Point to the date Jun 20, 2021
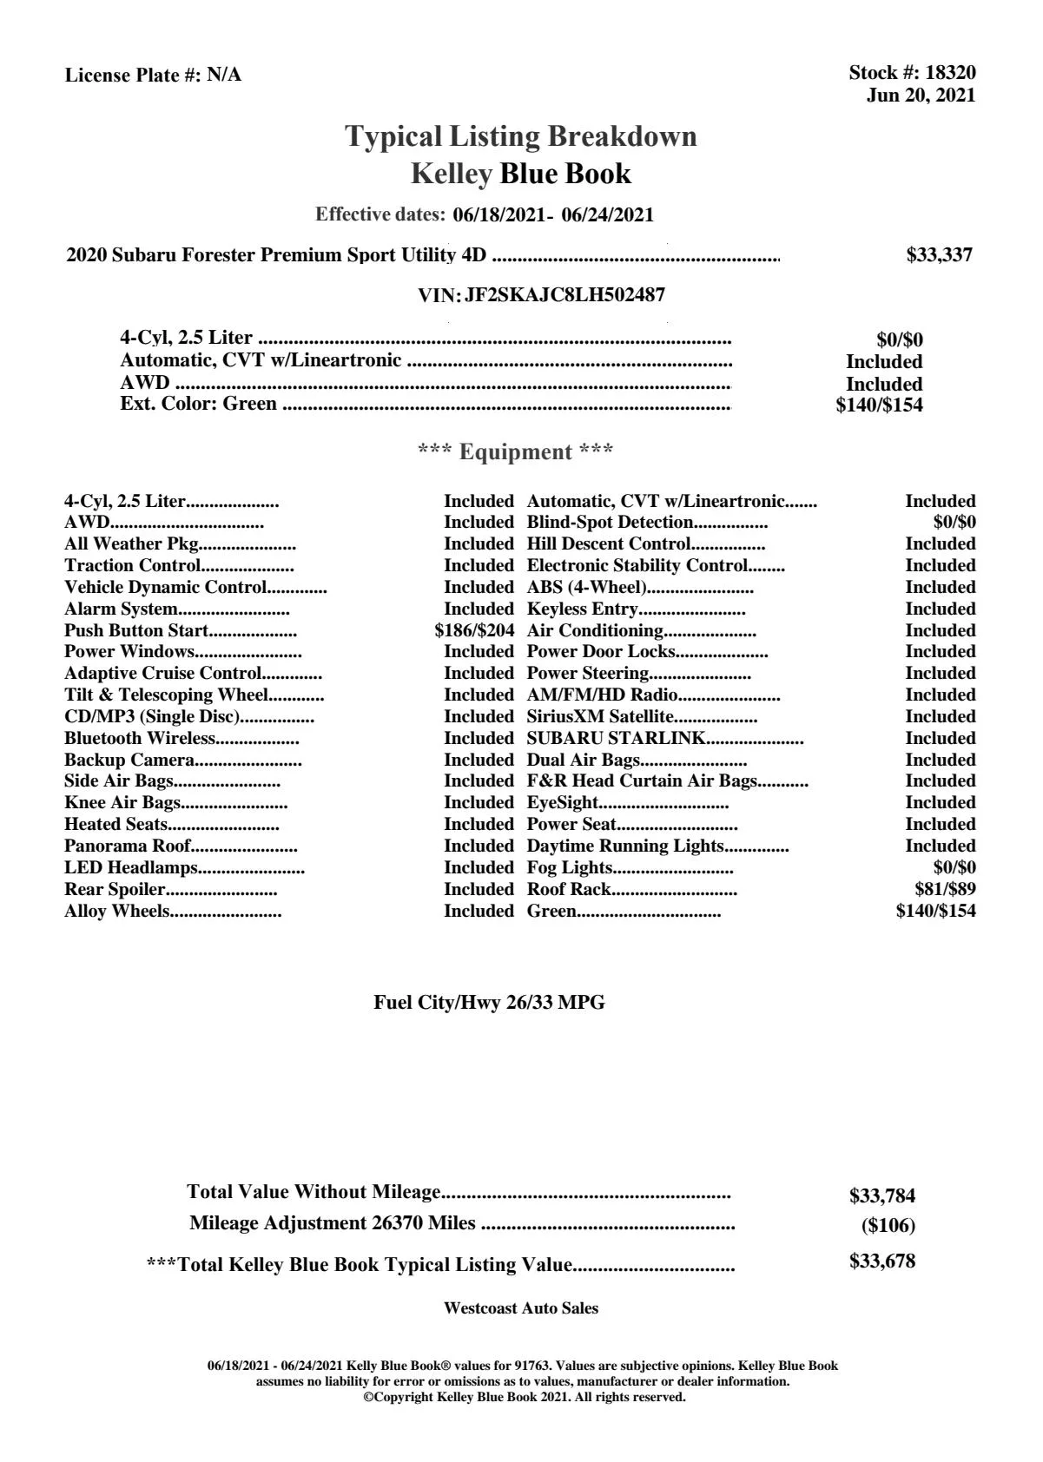click(x=921, y=95)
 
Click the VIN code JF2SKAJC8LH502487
click(x=564, y=295)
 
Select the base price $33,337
click(x=940, y=255)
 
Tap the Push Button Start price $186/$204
click(x=474, y=631)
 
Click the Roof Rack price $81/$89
click(x=945, y=890)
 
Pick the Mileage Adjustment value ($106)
click(x=888, y=1226)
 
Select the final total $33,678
click(x=882, y=1262)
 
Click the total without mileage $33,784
click(x=882, y=1196)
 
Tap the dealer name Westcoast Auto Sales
click(x=521, y=1308)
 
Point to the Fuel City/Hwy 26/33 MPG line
click(x=490, y=1003)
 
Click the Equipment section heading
click(x=516, y=452)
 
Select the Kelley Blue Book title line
click(x=521, y=175)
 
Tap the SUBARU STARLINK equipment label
click(x=616, y=739)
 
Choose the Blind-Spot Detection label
click(x=610, y=523)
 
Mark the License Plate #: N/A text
click(x=154, y=76)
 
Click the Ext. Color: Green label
click(x=199, y=404)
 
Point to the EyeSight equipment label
click(x=563, y=803)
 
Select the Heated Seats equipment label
click(x=116, y=825)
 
